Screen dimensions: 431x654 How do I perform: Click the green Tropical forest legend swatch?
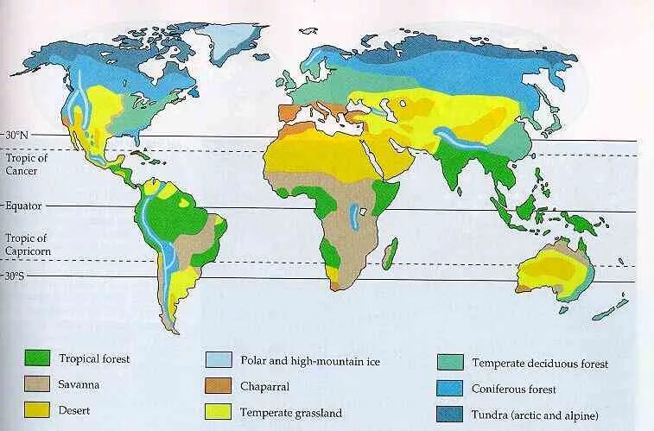[x=38, y=358]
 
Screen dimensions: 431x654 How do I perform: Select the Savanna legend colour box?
[x=38, y=384]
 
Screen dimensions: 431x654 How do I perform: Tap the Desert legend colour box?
[x=38, y=410]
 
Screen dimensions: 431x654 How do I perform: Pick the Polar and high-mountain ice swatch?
[x=218, y=360]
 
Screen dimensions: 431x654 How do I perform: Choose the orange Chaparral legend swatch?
[x=218, y=386]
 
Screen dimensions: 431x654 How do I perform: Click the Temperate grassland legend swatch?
[x=218, y=412]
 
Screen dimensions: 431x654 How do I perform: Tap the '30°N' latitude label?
[x=16, y=136]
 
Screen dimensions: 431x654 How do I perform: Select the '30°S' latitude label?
[x=16, y=276]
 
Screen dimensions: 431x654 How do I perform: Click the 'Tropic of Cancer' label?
[x=25, y=163]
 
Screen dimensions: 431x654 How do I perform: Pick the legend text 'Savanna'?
[x=79, y=384]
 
